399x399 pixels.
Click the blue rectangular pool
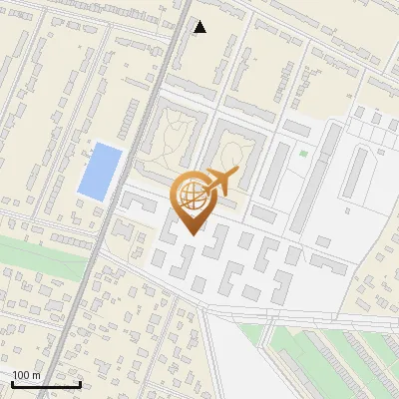tap(100, 170)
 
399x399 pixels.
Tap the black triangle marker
tap(199, 27)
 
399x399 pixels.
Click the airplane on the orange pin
tap(217, 183)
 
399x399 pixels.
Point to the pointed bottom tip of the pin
tap(193, 233)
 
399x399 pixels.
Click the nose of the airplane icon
tap(237, 173)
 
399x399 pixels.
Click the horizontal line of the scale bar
tap(46, 384)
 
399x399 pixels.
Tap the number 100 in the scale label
tap(21, 375)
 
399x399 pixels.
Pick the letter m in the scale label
tap(36, 375)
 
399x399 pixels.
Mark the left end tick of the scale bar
tap(12, 382)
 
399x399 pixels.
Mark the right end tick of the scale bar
tap(80, 382)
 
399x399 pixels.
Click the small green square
tap(303, 153)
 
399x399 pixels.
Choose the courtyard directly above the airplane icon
tap(233, 150)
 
